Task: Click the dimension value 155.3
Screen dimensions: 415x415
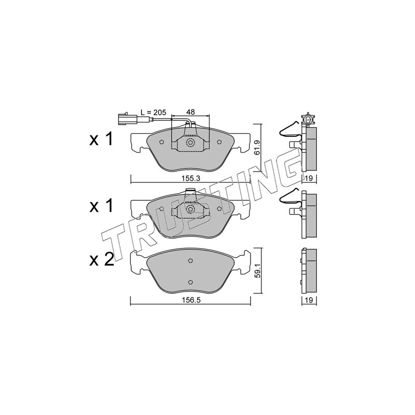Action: [x=190, y=178]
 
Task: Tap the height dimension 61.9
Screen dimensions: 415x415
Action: [x=257, y=148]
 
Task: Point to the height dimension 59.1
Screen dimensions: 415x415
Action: [x=257, y=270]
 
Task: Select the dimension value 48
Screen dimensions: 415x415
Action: [x=190, y=112]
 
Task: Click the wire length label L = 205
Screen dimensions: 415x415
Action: [x=153, y=112]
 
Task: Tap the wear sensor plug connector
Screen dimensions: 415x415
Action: [x=127, y=119]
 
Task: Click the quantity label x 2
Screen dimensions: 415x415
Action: [x=101, y=260]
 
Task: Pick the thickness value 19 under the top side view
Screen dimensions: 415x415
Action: [x=309, y=178]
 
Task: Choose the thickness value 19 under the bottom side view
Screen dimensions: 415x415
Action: [x=309, y=300]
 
